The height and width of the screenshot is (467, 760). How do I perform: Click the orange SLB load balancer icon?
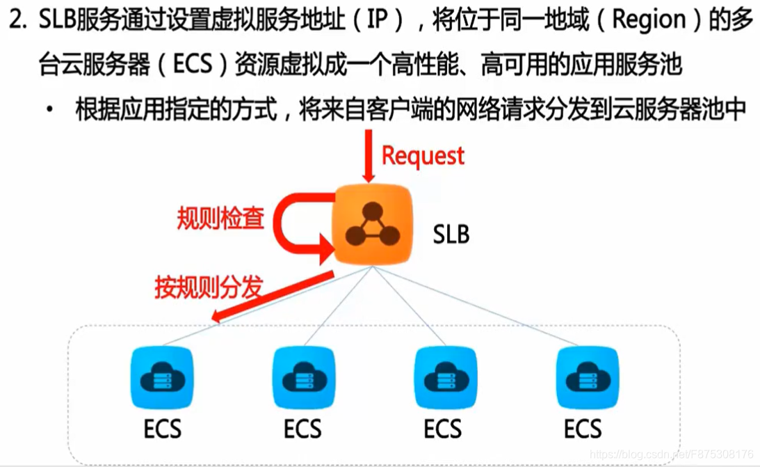[373, 225]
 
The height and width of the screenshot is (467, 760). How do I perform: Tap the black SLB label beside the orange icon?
[451, 234]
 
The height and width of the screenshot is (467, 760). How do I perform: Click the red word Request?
[423, 155]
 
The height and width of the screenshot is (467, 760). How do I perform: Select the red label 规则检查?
[220, 219]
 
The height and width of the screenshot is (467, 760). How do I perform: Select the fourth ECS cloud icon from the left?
[584, 379]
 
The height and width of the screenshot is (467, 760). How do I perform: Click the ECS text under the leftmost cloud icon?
[163, 428]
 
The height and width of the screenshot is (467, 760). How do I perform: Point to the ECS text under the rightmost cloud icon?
[583, 428]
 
